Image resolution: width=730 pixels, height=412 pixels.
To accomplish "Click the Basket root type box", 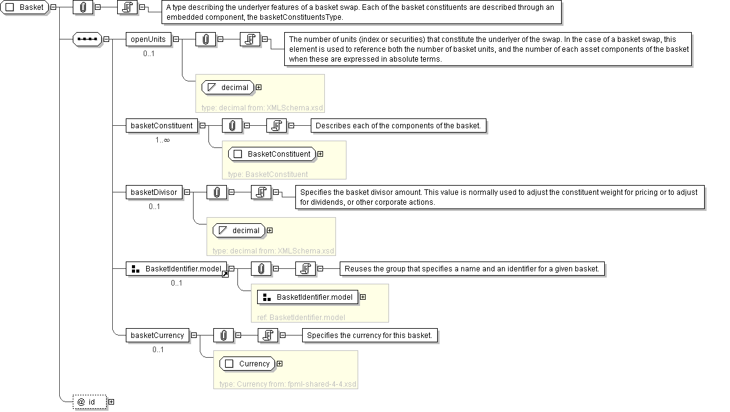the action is point(25,7).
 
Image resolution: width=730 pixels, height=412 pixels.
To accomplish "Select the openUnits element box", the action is point(149,39).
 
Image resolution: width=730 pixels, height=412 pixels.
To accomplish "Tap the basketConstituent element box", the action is point(162,126).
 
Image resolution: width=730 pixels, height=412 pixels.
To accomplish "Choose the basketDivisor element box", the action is point(154,192).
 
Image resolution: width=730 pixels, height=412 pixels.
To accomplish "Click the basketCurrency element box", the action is point(157,335).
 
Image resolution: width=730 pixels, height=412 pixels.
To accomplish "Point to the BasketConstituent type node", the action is point(272,154).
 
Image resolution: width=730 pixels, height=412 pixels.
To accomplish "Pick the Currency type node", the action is point(247,364).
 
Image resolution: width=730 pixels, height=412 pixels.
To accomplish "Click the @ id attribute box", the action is point(89,402).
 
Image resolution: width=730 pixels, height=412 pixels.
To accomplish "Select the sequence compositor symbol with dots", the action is point(87,39).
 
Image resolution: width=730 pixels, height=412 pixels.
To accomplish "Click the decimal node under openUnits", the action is point(228,88).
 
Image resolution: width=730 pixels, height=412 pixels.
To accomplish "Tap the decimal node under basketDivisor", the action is point(239,231).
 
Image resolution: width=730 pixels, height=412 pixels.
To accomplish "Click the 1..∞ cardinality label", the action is point(163,139).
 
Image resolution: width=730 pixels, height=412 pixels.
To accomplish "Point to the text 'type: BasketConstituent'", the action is point(268,174).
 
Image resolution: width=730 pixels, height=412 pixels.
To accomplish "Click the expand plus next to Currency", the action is point(280,364).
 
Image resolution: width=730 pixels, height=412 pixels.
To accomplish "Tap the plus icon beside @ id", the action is point(111,402).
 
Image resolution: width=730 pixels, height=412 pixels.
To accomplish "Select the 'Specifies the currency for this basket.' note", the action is point(370,335).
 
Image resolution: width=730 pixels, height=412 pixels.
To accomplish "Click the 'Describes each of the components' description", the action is point(398,126).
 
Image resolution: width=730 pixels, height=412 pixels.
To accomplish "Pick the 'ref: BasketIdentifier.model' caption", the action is point(301,318).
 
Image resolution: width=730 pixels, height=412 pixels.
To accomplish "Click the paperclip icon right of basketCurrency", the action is point(223,335).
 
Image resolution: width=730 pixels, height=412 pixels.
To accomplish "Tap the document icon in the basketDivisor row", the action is point(261,192).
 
